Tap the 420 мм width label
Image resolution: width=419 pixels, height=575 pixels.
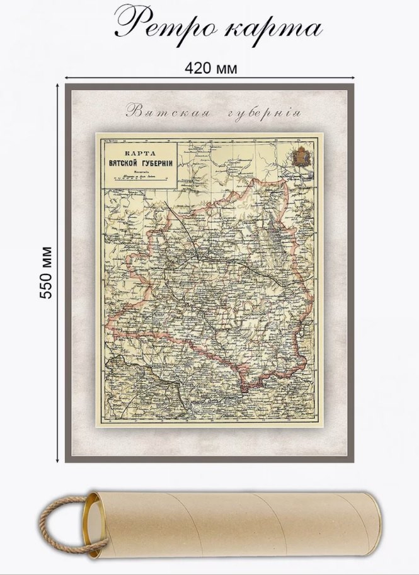coord(211,67)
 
